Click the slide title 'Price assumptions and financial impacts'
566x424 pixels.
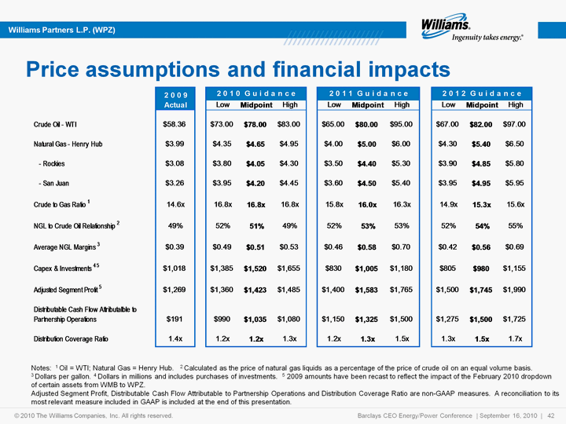[238, 69]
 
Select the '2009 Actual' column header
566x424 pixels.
[175, 100]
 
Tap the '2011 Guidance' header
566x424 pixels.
[369, 93]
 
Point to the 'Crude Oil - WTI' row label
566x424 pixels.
[55, 124]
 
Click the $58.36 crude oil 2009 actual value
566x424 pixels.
[175, 124]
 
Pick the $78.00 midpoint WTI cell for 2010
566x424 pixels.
[255, 124]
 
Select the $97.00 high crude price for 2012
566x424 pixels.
[514, 124]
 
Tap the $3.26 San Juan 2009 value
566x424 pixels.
[175, 183]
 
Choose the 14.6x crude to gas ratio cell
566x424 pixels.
[175, 204]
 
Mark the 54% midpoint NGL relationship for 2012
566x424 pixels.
[482, 226]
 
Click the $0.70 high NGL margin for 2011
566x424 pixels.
[401, 247]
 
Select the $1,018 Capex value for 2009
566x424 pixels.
[175, 269]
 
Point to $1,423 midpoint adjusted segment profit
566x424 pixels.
[255, 290]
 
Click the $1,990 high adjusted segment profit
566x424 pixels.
[514, 290]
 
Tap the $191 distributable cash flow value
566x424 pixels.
[175, 319]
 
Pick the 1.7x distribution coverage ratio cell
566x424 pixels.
[515, 338]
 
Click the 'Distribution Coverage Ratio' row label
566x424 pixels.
[71, 339]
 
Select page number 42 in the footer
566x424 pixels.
[551, 415]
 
